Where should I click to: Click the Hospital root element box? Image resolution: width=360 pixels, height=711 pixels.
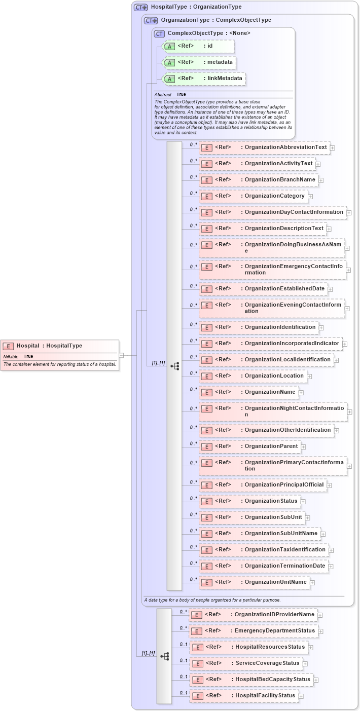pos(60,346)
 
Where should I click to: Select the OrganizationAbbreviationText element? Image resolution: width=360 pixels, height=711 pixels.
pos(264,147)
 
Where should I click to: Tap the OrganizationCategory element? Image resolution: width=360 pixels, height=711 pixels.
pos(253,196)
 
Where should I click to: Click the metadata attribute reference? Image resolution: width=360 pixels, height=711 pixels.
pos(199,62)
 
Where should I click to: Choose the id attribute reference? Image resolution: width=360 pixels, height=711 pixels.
pos(198,46)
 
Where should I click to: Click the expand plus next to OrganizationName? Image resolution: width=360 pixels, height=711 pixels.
pos(301,392)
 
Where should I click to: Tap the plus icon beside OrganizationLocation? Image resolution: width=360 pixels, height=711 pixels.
pos(309,376)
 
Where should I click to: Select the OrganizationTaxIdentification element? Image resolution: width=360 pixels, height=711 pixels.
pos(264,550)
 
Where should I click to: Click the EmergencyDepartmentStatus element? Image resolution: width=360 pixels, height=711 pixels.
pos(254,631)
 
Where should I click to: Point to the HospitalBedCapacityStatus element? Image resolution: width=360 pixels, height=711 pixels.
pos(251,680)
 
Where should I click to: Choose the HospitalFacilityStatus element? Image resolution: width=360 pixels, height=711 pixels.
pos(244,696)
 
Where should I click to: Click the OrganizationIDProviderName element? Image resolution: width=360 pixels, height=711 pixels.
pos(254,615)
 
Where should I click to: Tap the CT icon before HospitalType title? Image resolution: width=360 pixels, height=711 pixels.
pos(140,7)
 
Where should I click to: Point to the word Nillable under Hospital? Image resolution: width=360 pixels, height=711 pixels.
pos(11,356)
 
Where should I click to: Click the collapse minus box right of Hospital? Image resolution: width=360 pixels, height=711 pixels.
pos(121,355)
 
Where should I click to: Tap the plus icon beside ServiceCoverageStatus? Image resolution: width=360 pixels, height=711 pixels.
pos(305,663)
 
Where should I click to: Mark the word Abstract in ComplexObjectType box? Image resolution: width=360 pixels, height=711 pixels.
pos(163,94)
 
